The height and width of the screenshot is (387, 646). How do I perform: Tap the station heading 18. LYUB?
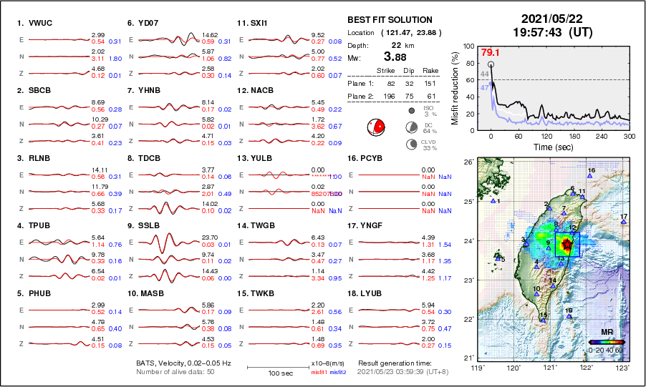pos(368,293)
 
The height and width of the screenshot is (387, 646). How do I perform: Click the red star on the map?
pos(567,245)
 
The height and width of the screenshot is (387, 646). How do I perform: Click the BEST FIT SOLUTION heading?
pos(390,20)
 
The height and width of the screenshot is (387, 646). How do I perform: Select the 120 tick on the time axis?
pos(546,136)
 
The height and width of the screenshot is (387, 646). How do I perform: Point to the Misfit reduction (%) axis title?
pos(456,87)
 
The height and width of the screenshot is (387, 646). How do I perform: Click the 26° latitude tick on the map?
pos(467,162)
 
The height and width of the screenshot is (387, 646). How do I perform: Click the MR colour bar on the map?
pos(606,342)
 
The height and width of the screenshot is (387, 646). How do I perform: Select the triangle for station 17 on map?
pos(624,222)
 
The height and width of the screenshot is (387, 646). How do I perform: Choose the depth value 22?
pos(395,45)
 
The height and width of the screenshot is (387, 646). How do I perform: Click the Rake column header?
pos(430,71)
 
